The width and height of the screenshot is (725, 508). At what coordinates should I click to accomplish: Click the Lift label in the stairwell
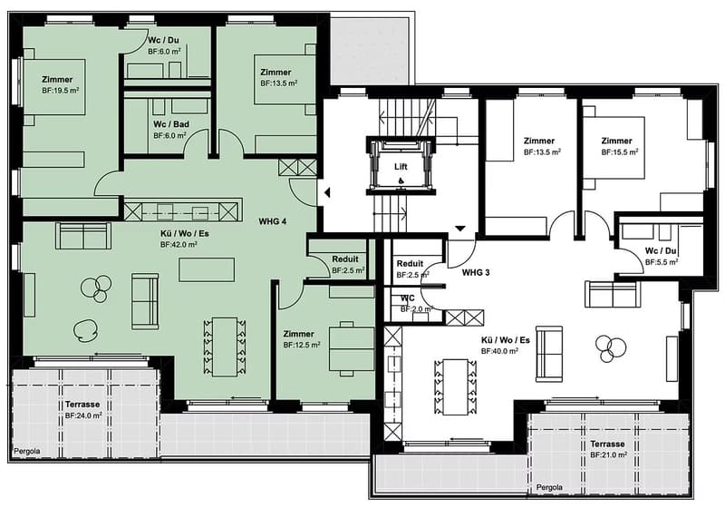401,167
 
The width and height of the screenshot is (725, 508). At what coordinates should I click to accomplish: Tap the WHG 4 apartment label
273,221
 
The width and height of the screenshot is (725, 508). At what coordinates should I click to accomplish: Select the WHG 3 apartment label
476,272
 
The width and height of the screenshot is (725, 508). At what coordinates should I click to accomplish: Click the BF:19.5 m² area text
60,90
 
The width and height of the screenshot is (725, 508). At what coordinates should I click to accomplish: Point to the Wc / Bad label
171,124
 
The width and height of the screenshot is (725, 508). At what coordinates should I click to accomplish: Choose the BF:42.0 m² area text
179,244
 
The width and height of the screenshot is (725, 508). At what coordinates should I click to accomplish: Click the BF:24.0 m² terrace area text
83,415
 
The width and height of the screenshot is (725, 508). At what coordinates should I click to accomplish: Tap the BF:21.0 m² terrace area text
608,454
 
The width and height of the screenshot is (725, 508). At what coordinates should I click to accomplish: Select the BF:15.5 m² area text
620,151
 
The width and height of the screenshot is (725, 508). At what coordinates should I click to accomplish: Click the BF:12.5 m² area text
302,345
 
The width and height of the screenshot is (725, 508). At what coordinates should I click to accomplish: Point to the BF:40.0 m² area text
499,351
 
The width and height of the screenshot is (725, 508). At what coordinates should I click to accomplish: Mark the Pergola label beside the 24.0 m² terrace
27,451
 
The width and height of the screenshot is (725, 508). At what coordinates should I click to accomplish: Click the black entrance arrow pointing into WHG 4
327,192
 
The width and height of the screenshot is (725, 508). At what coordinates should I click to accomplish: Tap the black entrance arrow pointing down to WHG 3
460,229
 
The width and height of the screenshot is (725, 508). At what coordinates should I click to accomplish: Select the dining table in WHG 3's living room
455,387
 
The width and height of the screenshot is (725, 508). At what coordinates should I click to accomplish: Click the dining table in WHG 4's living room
225,347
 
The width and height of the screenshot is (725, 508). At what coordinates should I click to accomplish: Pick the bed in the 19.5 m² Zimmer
54,86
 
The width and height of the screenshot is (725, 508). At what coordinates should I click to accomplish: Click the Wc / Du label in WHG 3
661,250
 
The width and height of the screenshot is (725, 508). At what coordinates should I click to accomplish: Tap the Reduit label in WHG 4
345,259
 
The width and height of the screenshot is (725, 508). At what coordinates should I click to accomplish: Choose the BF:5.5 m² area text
662,262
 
